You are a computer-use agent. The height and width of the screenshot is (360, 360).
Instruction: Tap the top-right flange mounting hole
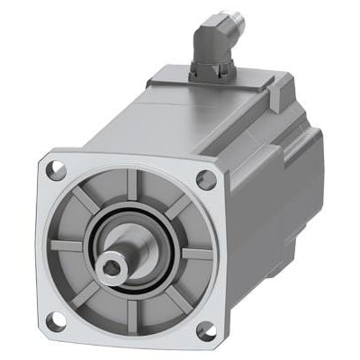205,179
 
